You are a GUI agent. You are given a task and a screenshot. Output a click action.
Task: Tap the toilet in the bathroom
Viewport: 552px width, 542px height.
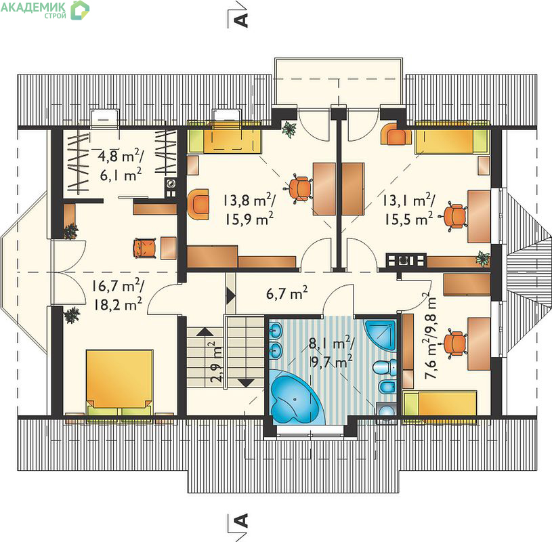point(384,368)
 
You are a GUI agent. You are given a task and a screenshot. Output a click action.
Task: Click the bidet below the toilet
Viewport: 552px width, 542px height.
point(387,388)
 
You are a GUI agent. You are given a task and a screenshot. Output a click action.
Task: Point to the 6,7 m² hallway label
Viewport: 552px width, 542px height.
point(287,293)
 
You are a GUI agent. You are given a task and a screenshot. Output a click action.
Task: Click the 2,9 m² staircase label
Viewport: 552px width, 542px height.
point(216,362)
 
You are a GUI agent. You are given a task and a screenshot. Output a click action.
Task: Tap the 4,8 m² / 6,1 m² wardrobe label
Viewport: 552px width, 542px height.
point(121,165)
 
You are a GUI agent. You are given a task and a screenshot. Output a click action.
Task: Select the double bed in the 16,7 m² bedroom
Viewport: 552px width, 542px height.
point(119,383)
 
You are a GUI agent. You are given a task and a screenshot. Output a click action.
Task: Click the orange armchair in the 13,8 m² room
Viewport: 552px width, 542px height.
point(198,205)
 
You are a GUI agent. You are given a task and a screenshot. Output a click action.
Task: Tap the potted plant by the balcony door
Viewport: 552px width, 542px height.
point(289,129)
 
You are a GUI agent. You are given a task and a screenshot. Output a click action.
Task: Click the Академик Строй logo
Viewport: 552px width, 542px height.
point(45,10)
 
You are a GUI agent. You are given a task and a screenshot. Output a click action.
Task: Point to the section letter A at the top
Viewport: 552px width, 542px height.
point(241,20)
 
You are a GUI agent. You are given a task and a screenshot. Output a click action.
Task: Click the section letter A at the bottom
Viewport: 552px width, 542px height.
point(241,520)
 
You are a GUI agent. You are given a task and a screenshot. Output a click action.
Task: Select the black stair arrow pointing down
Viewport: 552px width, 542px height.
point(246,383)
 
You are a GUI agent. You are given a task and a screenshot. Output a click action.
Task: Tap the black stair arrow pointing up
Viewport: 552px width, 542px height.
point(205,331)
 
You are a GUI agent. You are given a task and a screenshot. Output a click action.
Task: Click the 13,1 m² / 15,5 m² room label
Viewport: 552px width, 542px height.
point(408,210)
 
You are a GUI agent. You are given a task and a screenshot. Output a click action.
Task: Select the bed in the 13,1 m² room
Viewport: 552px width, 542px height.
point(452,138)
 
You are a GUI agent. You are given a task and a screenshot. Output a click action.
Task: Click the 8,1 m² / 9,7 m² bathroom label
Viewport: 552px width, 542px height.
point(331,352)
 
